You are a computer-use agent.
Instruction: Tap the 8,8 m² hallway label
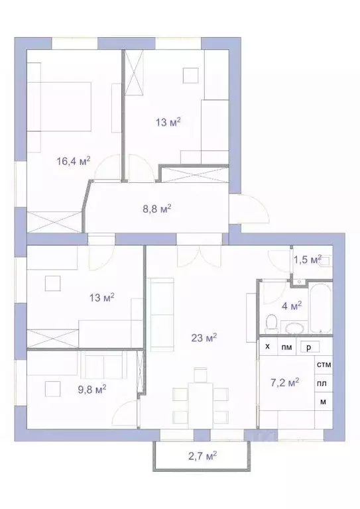click(156, 207)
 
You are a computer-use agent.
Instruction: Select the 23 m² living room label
click(203, 337)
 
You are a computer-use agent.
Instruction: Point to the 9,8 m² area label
click(91, 388)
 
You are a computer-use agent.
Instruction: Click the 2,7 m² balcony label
click(202, 455)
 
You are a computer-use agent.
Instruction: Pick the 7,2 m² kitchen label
click(284, 382)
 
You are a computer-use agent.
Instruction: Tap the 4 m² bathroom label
click(292, 305)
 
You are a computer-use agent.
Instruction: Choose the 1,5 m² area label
click(307, 258)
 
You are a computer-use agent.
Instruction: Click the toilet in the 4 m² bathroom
click(270, 324)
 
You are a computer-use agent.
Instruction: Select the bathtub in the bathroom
click(320, 310)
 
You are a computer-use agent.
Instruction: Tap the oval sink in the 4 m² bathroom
click(293, 327)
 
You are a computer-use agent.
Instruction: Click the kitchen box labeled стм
click(324, 365)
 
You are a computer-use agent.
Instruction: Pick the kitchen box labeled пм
click(286, 347)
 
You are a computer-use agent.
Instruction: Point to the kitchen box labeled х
click(267, 347)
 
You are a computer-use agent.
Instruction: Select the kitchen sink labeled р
click(308, 347)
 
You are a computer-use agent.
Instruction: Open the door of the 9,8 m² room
click(126, 414)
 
